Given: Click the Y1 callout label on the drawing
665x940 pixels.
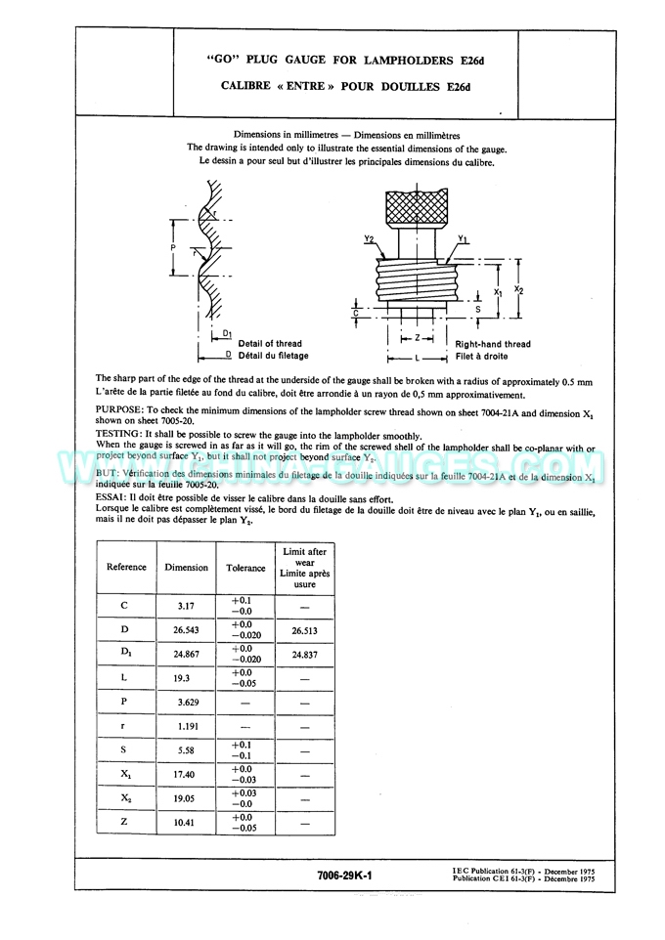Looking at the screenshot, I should point(463,238).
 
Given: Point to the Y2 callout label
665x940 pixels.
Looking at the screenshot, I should point(370,238).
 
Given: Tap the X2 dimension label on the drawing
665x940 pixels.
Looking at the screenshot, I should point(519,290).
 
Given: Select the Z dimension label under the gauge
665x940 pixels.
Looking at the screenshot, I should point(417,338).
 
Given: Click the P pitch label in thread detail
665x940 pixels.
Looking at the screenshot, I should point(172,248).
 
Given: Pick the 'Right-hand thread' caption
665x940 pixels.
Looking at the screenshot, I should point(493,344).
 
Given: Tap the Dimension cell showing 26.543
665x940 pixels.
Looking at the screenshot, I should point(186,630).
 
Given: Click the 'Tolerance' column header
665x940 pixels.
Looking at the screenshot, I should point(245,568).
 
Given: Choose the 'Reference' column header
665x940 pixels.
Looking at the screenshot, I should point(126,567).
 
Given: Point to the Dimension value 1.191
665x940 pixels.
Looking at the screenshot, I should point(186,726).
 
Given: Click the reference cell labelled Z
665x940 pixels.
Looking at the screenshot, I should point(125,822).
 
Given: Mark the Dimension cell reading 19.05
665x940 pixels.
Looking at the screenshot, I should point(186,797).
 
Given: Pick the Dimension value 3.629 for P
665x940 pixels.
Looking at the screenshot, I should point(186,702).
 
